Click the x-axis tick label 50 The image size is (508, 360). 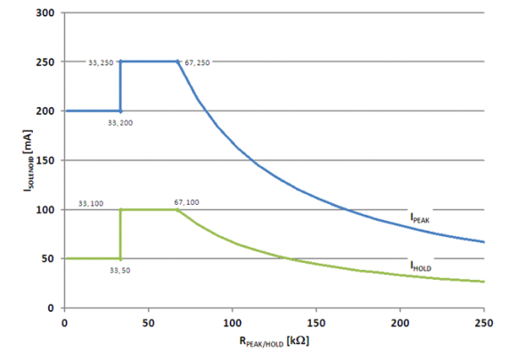click(148, 322)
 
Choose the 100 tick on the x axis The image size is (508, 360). click(233, 322)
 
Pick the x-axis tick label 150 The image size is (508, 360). click(316, 322)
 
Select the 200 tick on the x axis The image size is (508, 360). click(400, 322)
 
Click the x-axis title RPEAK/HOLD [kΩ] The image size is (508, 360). click(274, 341)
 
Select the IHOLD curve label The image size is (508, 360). click(422, 266)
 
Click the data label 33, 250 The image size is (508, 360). click(100, 62)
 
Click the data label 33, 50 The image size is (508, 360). click(120, 269)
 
